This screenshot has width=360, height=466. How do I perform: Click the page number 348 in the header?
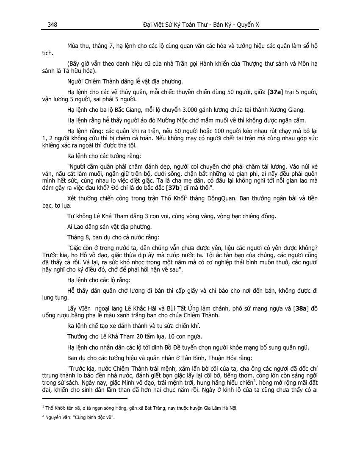coord(53,25)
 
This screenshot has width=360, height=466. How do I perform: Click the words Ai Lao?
coord(75,227)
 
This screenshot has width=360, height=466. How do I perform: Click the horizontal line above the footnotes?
coord(85,399)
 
